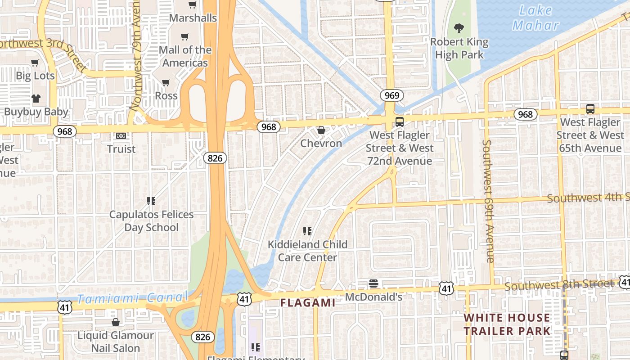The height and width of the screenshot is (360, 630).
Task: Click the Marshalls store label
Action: click(193, 18)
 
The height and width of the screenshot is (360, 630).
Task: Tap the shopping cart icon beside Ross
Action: click(166, 83)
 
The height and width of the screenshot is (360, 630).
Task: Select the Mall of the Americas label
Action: click(185, 56)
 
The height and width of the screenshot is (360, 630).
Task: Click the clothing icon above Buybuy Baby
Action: click(36, 99)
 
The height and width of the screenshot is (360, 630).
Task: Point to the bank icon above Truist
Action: click(121, 136)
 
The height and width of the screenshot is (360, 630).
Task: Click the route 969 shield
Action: click(391, 95)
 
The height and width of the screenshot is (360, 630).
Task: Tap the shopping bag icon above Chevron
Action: click(321, 130)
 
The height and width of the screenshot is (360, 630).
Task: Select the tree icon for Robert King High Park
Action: click(459, 29)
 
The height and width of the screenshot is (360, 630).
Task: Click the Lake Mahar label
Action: click(535, 18)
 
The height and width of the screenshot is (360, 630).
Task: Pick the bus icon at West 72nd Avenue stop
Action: click(399, 122)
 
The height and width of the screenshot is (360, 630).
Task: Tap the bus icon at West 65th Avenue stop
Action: click(590, 109)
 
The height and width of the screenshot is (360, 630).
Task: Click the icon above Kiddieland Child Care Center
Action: click(307, 231)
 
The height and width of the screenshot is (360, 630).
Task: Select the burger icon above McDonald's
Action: click(373, 284)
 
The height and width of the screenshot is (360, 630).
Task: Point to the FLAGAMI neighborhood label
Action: click(308, 303)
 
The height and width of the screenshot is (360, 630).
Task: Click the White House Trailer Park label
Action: click(507, 324)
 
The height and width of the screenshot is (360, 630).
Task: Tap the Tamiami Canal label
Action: click(131, 298)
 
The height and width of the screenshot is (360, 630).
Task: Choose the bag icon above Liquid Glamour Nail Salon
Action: click(116, 323)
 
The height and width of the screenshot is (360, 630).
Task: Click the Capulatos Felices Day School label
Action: click(151, 221)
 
